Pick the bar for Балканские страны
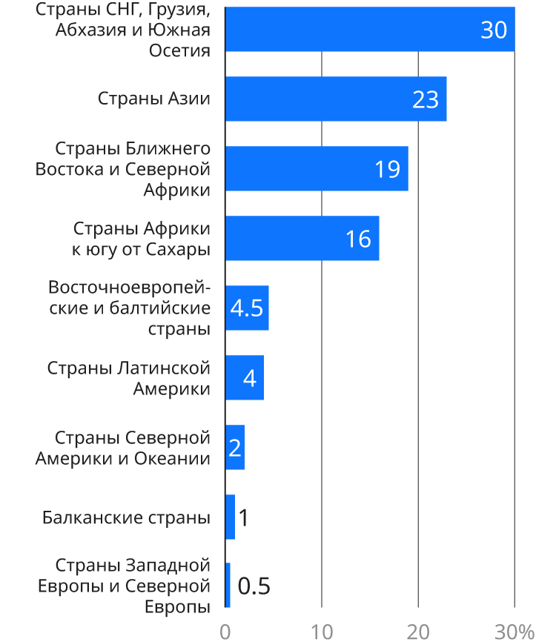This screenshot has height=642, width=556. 231,517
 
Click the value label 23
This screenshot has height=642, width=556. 426,99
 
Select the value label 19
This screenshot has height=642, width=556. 387,169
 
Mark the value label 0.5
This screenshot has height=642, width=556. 254,586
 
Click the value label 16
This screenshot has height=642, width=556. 358,239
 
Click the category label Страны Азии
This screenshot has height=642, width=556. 154,99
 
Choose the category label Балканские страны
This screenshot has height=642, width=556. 126,517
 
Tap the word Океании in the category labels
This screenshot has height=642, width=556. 172,458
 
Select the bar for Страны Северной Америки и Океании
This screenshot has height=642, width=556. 235,448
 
